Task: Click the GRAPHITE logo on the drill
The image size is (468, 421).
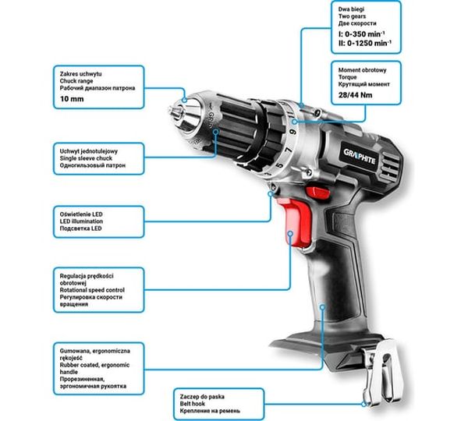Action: [360, 157]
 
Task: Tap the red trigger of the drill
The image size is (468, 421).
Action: [296, 221]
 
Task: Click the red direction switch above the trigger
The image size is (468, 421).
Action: [318, 191]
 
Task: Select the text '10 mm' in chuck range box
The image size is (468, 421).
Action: [72, 99]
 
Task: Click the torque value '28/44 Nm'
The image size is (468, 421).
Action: [355, 95]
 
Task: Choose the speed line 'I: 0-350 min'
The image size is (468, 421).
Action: [361, 34]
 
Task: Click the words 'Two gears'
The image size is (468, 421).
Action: [352, 16]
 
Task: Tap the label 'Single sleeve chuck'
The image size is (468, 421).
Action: [86, 158]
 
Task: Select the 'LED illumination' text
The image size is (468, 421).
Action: [81, 221]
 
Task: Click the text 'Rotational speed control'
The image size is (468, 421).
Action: [92, 290]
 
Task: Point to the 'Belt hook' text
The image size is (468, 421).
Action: [192, 404]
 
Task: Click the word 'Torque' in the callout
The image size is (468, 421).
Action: [347, 77]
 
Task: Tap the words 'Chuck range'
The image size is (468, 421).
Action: [76, 81]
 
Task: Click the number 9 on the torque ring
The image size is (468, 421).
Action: [293, 132]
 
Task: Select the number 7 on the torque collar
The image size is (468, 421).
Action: [289, 150]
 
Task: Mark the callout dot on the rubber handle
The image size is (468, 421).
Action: [322, 306]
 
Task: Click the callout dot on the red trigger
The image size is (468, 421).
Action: [290, 233]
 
